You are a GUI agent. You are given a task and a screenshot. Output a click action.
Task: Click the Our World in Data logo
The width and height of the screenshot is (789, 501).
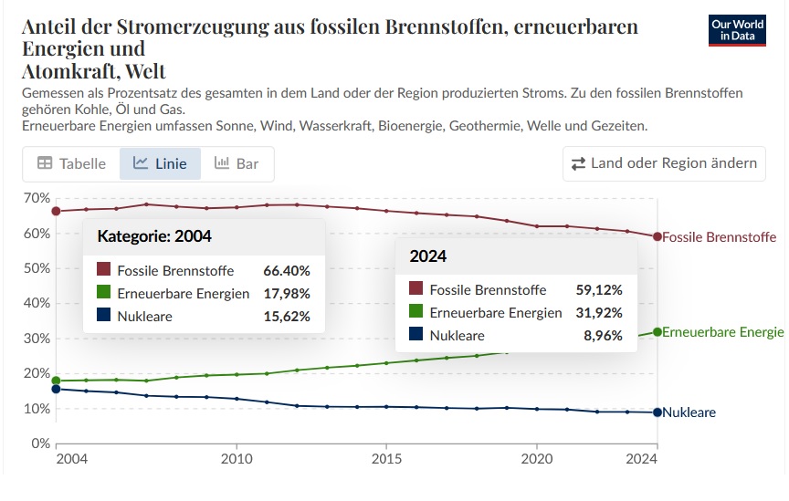[737, 30]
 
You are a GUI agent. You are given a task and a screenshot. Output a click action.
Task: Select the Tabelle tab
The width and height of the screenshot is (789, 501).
[70, 163]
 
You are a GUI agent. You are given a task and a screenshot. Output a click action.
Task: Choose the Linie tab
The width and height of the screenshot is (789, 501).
[160, 163]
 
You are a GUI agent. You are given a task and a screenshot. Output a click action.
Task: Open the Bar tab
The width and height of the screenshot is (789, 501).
[237, 163]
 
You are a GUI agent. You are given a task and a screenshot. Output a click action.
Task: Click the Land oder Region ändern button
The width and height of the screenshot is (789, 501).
[664, 163]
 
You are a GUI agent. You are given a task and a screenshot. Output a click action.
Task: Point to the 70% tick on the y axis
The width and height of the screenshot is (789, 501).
[36, 198]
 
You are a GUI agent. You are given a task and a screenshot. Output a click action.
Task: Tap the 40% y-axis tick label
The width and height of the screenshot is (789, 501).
[36, 303]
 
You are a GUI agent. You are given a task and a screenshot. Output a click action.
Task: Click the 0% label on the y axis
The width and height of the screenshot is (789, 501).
[38, 444]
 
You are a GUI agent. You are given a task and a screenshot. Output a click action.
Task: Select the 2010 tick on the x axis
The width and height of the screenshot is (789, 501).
[237, 458]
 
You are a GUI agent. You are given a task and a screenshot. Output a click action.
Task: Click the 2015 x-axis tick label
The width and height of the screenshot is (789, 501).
[386, 458]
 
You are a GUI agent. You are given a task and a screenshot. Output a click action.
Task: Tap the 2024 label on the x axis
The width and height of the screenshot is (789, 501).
[643, 458]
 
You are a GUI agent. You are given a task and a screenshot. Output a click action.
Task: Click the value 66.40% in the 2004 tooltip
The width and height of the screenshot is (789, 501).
[287, 271]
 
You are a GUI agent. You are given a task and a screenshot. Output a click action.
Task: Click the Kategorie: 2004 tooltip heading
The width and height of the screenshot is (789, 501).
[154, 236]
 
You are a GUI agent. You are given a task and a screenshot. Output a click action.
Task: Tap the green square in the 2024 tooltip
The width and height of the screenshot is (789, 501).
[416, 313]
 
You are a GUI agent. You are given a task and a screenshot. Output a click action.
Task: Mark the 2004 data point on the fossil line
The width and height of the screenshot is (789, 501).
[57, 211]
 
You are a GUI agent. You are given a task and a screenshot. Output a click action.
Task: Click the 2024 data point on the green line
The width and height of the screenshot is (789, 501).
[657, 331]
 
